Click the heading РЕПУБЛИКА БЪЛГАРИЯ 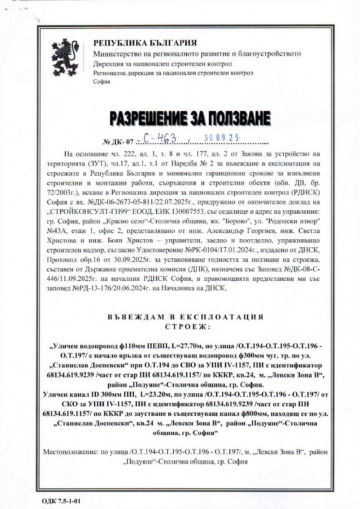tap(145, 43)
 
